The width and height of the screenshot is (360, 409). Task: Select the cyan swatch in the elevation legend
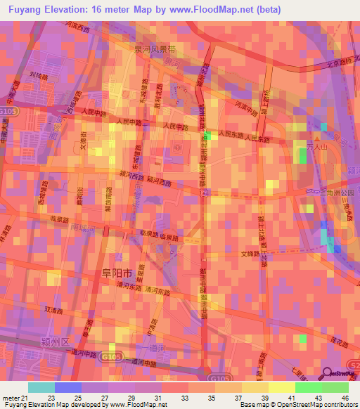[41, 387]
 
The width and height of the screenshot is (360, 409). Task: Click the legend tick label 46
[345, 398]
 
